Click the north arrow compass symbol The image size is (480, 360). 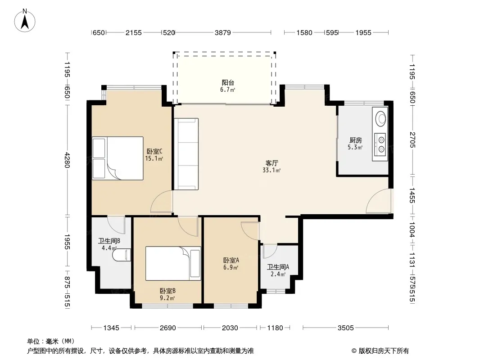[x=25, y=20]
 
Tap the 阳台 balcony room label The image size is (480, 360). [x=228, y=83]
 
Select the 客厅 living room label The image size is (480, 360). [x=272, y=163]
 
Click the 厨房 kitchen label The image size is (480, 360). [x=355, y=140]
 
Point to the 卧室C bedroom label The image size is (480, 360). [x=154, y=151]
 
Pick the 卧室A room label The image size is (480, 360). [x=231, y=260]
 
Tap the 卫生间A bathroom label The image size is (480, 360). [x=278, y=267]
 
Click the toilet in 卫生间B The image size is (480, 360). [x=122, y=255]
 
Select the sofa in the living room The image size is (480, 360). [x=186, y=154]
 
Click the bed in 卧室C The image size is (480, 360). [x=118, y=158]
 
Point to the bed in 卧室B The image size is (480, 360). [x=173, y=263]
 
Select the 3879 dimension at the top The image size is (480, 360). [x=222, y=32]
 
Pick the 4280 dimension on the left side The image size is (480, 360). [x=67, y=160]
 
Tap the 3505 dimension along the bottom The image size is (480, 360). [x=346, y=328]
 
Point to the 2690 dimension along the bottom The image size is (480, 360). [x=168, y=328]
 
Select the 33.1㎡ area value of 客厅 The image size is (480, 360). [x=272, y=171]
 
